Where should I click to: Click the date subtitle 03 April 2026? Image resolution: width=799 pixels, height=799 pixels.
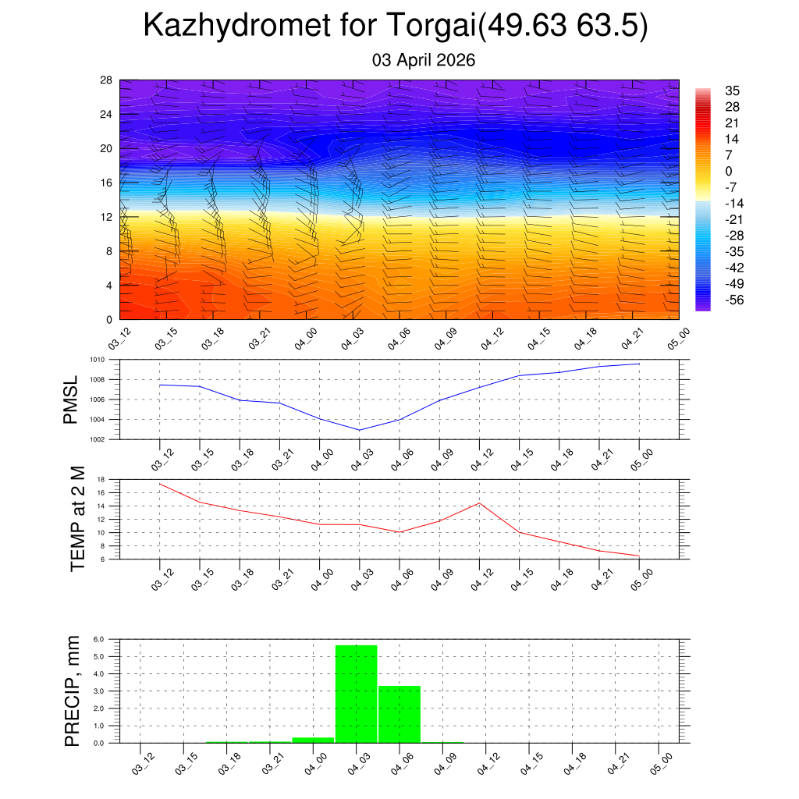(x=424, y=60)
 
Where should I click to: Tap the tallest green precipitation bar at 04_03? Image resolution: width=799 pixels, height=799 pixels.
(x=356, y=694)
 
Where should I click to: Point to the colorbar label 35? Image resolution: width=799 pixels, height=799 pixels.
(x=732, y=91)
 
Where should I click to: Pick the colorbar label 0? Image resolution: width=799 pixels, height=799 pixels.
(x=729, y=172)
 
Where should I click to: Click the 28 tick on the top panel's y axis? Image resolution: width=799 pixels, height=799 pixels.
(x=107, y=80)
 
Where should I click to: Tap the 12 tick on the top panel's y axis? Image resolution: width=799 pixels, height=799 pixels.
(x=107, y=217)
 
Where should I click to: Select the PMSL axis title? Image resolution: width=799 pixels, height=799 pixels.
(x=71, y=399)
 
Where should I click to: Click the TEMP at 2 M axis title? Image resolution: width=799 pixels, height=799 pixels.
(x=77, y=518)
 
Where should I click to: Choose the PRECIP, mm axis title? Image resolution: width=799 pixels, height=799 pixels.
(x=73, y=691)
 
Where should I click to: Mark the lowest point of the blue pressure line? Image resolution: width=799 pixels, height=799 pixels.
(x=360, y=430)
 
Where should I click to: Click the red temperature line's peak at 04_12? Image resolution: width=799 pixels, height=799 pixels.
(x=479, y=502)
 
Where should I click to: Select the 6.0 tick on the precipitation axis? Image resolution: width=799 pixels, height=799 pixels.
(x=99, y=639)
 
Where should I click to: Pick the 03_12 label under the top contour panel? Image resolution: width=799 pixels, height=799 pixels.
(x=120, y=339)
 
